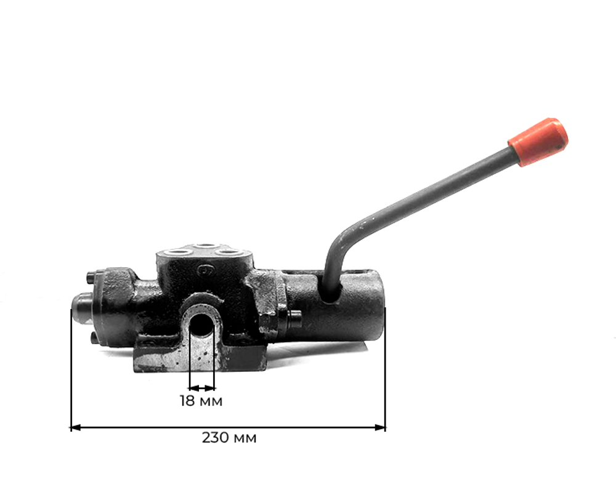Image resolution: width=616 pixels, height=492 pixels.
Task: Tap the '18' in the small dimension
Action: pyautogui.click(x=187, y=401)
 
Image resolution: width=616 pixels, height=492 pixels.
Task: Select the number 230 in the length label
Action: pyautogui.click(x=213, y=438)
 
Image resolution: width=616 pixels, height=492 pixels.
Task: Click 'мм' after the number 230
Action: pyautogui.click(x=245, y=438)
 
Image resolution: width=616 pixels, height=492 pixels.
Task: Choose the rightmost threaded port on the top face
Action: pyautogui.click(x=229, y=252)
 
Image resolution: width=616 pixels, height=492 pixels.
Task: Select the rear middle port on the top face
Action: pyautogui.click(x=203, y=247)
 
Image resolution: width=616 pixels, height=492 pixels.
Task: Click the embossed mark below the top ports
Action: pyautogui.click(x=204, y=270)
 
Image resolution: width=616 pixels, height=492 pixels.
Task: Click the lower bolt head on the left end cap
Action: pyautogui.click(x=92, y=338)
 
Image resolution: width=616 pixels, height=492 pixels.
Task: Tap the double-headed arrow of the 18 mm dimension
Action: pyautogui.click(x=202, y=388)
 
